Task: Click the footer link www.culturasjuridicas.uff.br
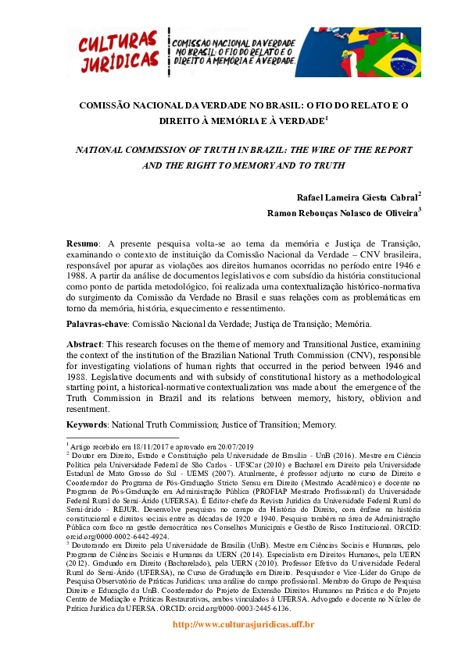point(232,624)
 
